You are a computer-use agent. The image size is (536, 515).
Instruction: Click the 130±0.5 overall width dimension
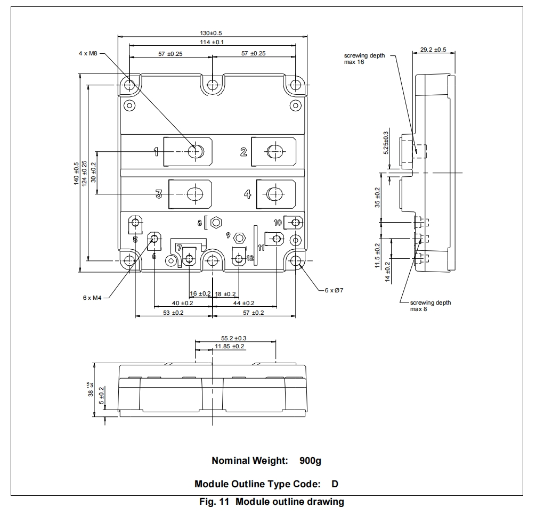click(211, 33)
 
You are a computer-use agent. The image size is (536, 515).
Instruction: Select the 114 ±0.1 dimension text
click(212, 43)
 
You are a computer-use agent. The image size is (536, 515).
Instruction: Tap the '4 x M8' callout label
click(88, 53)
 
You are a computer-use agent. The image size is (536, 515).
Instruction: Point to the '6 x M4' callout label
click(92, 298)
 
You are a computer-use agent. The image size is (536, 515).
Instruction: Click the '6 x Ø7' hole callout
click(334, 290)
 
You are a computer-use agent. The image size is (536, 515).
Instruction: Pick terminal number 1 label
click(156, 151)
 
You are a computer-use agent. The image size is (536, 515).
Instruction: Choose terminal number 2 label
click(243, 152)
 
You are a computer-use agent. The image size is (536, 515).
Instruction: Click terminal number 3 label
click(159, 194)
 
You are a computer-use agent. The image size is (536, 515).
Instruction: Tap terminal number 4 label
click(247, 194)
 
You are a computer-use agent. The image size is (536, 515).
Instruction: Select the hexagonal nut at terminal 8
click(216, 223)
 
